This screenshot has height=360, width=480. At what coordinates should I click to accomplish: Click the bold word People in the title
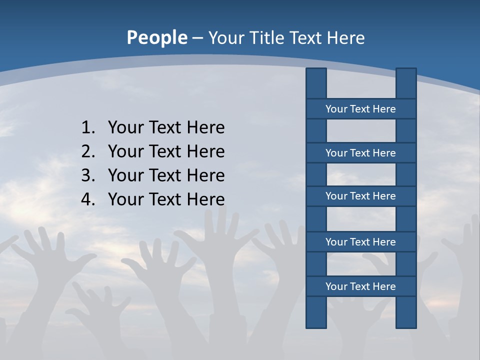157,38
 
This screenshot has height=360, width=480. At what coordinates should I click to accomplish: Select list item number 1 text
166,127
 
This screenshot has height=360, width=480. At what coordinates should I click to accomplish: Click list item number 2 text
166,151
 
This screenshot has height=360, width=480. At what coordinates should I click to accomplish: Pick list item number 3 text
166,175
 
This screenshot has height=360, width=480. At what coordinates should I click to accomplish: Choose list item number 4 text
166,199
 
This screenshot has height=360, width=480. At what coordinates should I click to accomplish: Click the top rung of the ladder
360,109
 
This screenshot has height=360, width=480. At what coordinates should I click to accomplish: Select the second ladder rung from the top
360,153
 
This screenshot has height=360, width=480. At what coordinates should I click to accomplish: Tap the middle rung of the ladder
360,196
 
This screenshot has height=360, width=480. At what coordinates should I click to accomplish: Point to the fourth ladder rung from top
360,242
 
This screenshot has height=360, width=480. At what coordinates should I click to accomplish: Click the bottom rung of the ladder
360,286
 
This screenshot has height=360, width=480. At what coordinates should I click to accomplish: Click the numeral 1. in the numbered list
87,127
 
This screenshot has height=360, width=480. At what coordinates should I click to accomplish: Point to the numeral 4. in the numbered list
87,199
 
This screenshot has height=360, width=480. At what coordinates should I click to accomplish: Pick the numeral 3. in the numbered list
87,175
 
